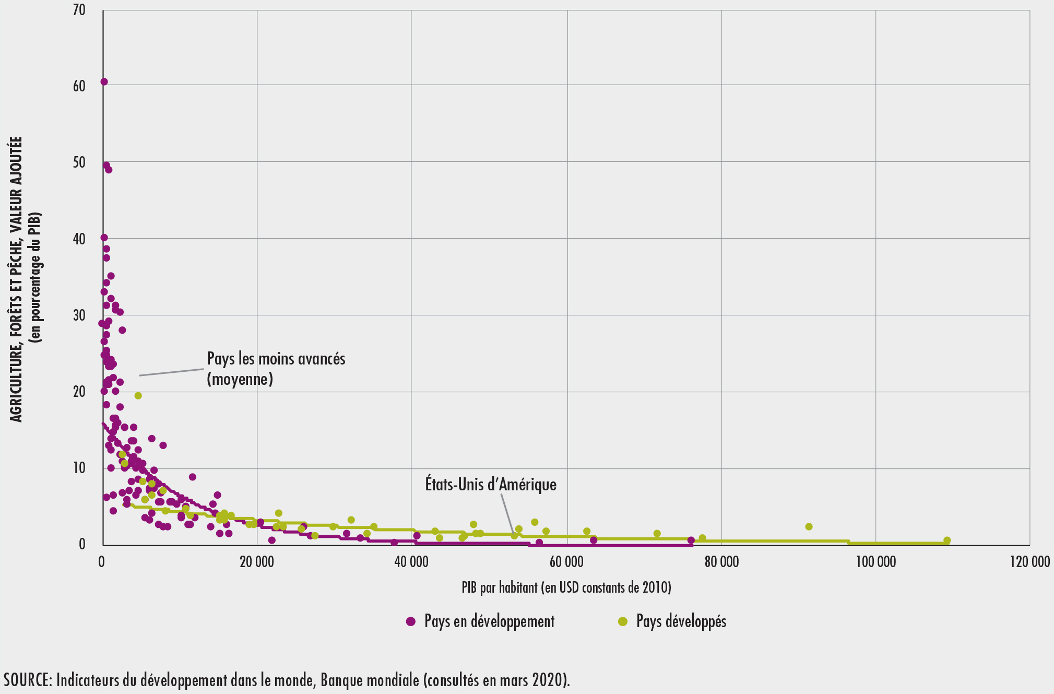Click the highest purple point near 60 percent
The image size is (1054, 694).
click(104, 81)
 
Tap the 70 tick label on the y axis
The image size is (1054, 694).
click(79, 10)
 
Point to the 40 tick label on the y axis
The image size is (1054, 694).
click(79, 239)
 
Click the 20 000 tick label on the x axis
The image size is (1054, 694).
click(256, 562)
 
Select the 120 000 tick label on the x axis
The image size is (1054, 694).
click(1029, 562)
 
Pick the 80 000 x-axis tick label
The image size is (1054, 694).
click(721, 562)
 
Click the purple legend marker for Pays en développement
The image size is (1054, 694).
click(411, 621)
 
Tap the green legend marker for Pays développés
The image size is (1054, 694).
click(622, 621)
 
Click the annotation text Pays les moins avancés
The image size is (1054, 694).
click(276, 359)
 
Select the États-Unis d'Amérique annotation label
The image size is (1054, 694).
click(491, 485)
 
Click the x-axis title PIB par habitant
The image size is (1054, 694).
click(566, 587)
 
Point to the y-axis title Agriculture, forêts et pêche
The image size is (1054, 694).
click(17, 279)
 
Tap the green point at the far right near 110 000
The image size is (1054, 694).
click(947, 540)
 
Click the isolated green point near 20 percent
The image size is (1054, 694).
click(138, 395)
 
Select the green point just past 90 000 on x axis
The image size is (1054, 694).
click(809, 526)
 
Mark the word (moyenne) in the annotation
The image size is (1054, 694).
click(240, 379)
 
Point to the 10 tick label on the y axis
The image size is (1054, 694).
click(79, 468)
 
